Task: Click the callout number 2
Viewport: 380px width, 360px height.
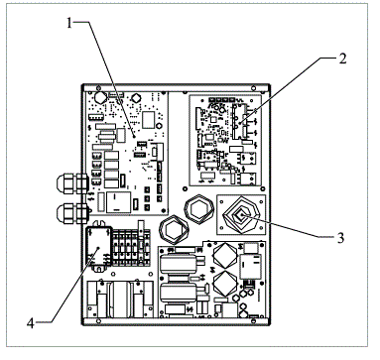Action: (341, 59)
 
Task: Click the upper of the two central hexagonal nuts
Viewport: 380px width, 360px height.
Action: (192, 207)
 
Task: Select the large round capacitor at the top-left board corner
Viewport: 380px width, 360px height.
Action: (98, 99)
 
